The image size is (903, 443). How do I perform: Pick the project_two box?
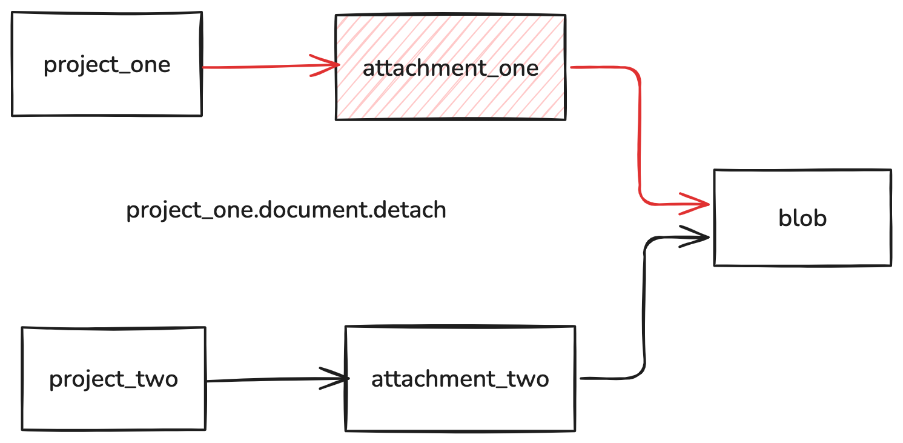point(114,406)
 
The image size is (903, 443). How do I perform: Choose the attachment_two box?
point(460,406)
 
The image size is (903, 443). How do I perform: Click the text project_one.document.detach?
point(286,210)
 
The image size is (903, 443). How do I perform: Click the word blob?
point(802,218)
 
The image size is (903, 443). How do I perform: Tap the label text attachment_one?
point(451,68)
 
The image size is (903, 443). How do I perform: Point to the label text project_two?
point(114,379)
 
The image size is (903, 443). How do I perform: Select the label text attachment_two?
point(460,379)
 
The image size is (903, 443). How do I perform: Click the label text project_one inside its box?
point(107,65)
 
